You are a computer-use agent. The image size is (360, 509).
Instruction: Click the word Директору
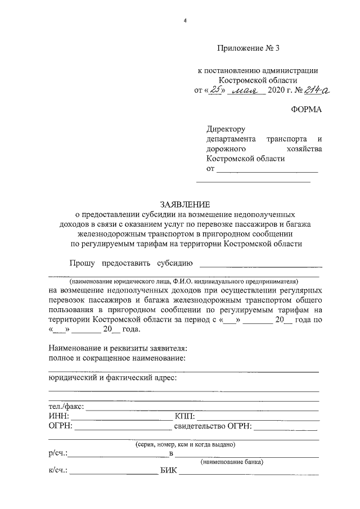(226, 129)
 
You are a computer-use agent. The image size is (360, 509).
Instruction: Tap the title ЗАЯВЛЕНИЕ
(185, 204)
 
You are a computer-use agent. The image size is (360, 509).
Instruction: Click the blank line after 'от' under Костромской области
(267, 169)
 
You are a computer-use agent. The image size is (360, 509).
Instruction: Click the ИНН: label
(59, 416)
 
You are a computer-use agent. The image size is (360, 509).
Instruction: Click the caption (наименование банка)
(232, 462)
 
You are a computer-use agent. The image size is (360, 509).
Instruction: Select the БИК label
(168, 472)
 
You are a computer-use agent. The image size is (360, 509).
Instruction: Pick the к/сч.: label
(58, 472)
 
